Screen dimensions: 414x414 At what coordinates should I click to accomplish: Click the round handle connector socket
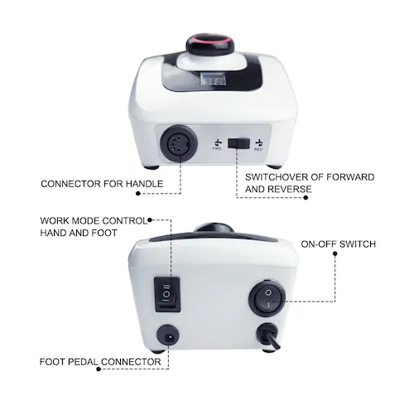(179, 143)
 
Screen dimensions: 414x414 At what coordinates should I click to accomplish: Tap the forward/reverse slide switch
(238, 143)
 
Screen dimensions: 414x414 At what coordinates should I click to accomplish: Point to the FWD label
(218, 149)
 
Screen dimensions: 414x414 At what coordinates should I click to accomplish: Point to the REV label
(258, 149)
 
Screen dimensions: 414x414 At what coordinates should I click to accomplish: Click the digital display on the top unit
(212, 82)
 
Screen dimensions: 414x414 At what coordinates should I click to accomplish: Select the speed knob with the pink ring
(208, 44)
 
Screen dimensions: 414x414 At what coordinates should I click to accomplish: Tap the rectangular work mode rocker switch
(167, 294)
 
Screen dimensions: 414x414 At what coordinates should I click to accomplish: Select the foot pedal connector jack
(168, 336)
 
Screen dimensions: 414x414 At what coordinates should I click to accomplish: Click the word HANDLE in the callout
(144, 184)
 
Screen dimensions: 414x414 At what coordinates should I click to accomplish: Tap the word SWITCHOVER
(276, 177)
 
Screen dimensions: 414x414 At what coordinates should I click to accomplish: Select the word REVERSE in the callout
(290, 190)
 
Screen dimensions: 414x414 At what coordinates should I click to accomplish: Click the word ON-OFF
(319, 244)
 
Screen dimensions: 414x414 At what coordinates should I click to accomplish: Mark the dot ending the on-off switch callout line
(335, 253)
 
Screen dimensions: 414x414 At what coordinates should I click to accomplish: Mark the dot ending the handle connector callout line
(138, 194)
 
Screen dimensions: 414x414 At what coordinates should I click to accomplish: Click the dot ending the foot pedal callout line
(99, 369)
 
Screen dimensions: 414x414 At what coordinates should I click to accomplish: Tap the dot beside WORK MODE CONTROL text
(150, 220)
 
